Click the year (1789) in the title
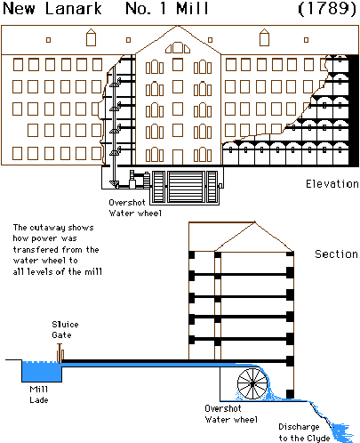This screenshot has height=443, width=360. (x=327, y=9)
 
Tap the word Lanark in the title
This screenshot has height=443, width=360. (x=73, y=8)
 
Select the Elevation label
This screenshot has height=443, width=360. (x=332, y=184)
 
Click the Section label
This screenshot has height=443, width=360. (x=336, y=254)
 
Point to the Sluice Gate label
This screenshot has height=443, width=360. (x=65, y=329)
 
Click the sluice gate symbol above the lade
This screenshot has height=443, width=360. (x=60, y=353)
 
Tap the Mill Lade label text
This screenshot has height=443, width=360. (x=39, y=394)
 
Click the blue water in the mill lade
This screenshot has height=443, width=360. (x=42, y=372)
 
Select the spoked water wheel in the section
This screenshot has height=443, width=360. (x=252, y=384)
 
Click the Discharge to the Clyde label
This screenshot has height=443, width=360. (x=304, y=432)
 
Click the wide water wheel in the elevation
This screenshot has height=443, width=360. (x=186, y=187)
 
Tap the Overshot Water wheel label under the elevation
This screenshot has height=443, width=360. (x=135, y=207)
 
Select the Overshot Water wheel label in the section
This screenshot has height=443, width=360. (x=231, y=414)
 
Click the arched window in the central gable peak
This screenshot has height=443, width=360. (x=178, y=48)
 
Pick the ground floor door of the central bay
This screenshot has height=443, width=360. (x=178, y=157)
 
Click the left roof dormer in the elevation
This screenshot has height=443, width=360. (x=91, y=37)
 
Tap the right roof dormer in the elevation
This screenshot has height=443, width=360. (x=264, y=37)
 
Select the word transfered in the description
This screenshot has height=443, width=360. (x=36, y=249)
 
